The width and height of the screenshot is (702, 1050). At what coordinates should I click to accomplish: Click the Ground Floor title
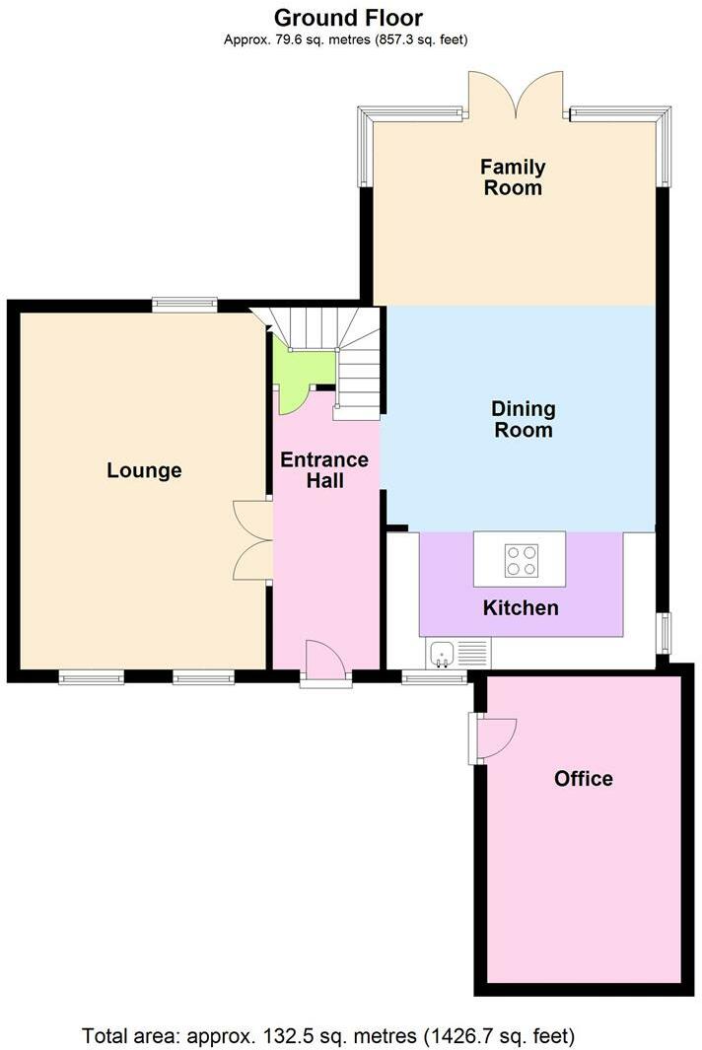(x=348, y=18)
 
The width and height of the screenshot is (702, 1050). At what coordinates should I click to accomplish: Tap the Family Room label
(x=513, y=177)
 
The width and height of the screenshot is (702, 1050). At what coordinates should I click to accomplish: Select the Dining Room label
(x=523, y=419)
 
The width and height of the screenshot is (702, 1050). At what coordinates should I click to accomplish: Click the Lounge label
(x=144, y=470)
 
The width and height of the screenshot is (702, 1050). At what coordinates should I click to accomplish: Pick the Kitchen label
(x=521, y=607)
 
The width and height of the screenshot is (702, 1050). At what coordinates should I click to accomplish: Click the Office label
(x=583, y=779)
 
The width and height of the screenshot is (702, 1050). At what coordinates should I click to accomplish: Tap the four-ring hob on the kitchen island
(x=521, y=559)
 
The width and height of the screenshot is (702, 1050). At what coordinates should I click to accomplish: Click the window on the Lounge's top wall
(x=184, y=306)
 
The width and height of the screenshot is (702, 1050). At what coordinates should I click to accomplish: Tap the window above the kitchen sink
(x=434, y=676)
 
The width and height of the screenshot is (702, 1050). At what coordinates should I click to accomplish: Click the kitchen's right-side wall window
(x=664, y=633)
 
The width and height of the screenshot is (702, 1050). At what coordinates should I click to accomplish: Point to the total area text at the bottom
(x=328, y=1036)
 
